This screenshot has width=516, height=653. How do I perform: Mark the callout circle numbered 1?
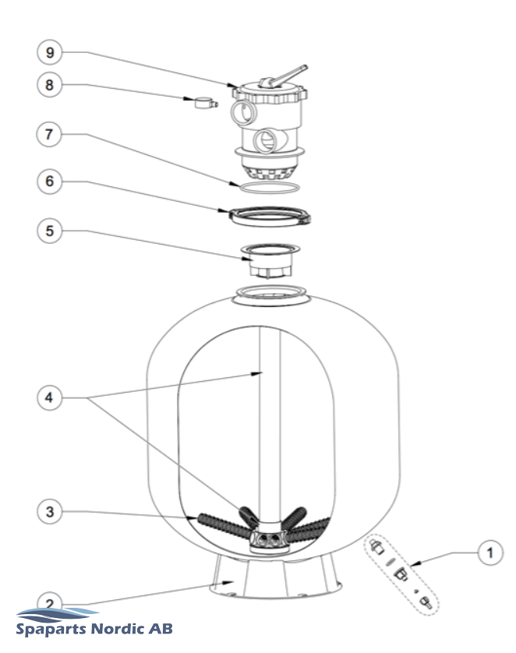[489, 555]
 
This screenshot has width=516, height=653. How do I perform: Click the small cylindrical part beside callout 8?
[203, 101]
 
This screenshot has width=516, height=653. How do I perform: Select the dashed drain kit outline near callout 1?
[401, 573]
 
